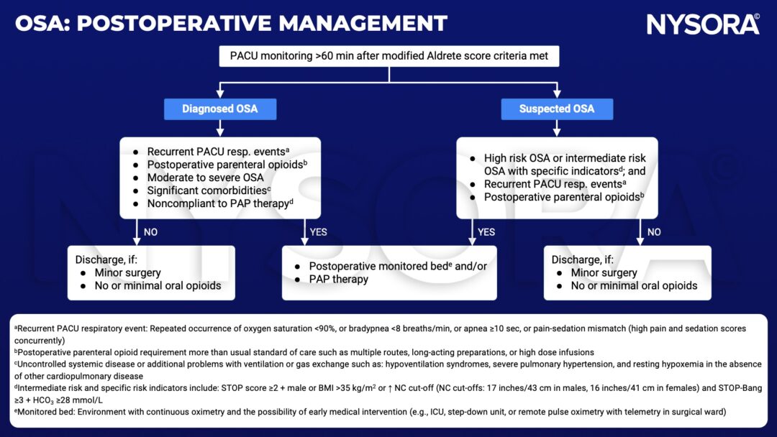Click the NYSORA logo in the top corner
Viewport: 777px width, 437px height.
[x=703, y=24]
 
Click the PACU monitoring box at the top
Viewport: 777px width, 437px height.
[x=388, y=56]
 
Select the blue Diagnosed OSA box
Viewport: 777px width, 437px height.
[x=219, y=109]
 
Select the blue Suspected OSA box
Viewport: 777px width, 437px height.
[x=557, y=109]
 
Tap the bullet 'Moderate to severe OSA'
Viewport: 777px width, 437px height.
[x=205, y=178]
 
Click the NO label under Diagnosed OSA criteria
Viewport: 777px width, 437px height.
[x=150, y=231]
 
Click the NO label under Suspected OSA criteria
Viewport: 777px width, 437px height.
[x=654, y=231]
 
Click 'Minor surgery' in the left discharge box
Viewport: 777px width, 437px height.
[x=128, y=272]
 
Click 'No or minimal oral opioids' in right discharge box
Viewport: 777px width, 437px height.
[x=634, y=285]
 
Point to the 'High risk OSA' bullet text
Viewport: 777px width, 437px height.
[x=565, y=158]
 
